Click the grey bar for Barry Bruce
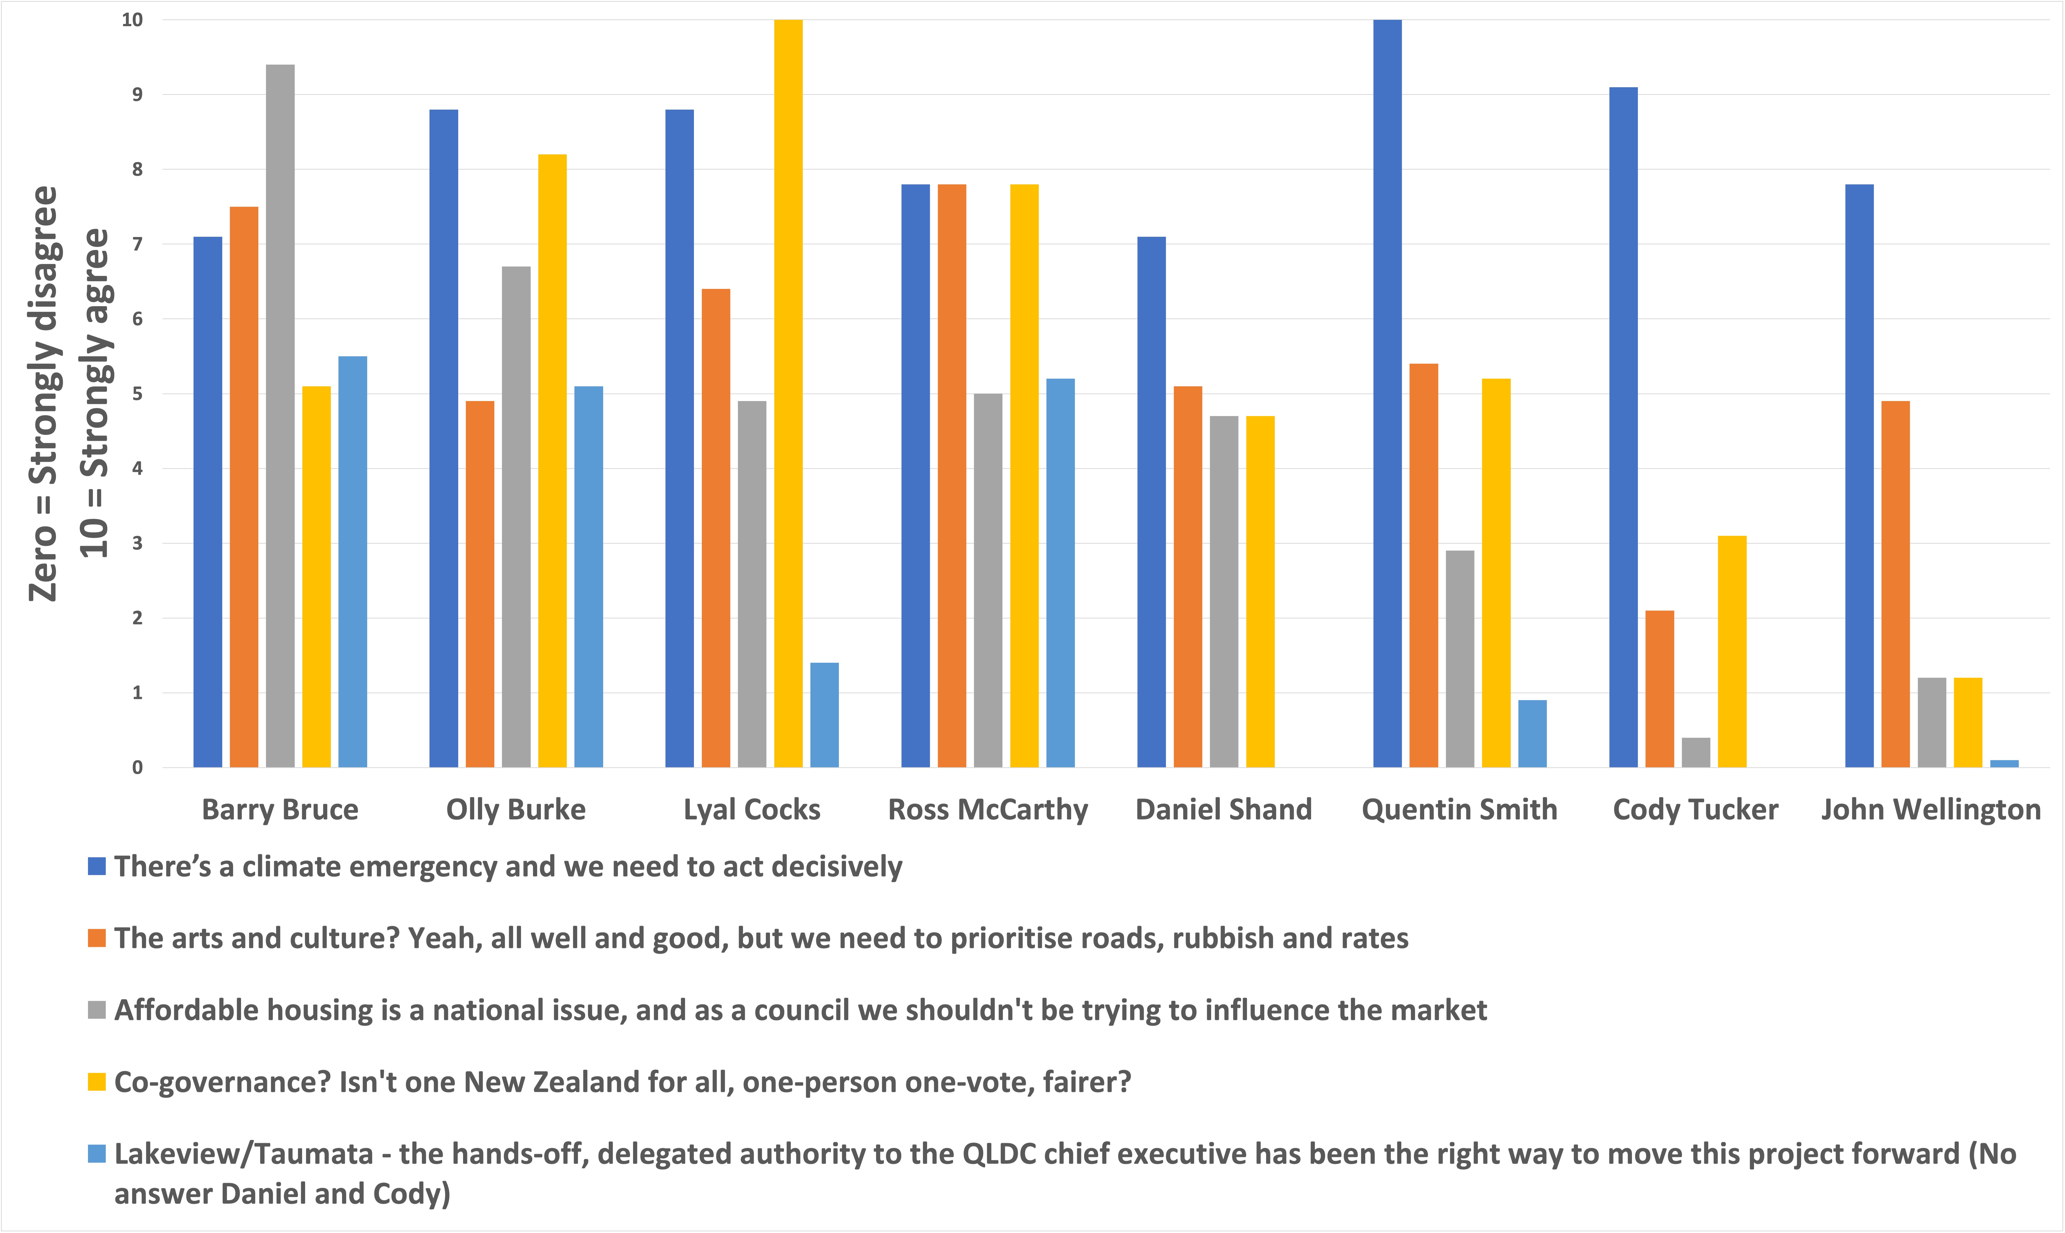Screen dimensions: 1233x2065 (280, 415)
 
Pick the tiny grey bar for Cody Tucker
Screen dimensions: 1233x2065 (1695, 753)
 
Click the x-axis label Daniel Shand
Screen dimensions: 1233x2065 (1224, 809)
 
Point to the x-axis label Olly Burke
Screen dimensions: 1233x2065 (516, 809)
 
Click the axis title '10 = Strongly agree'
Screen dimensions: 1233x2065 (95, 393)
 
